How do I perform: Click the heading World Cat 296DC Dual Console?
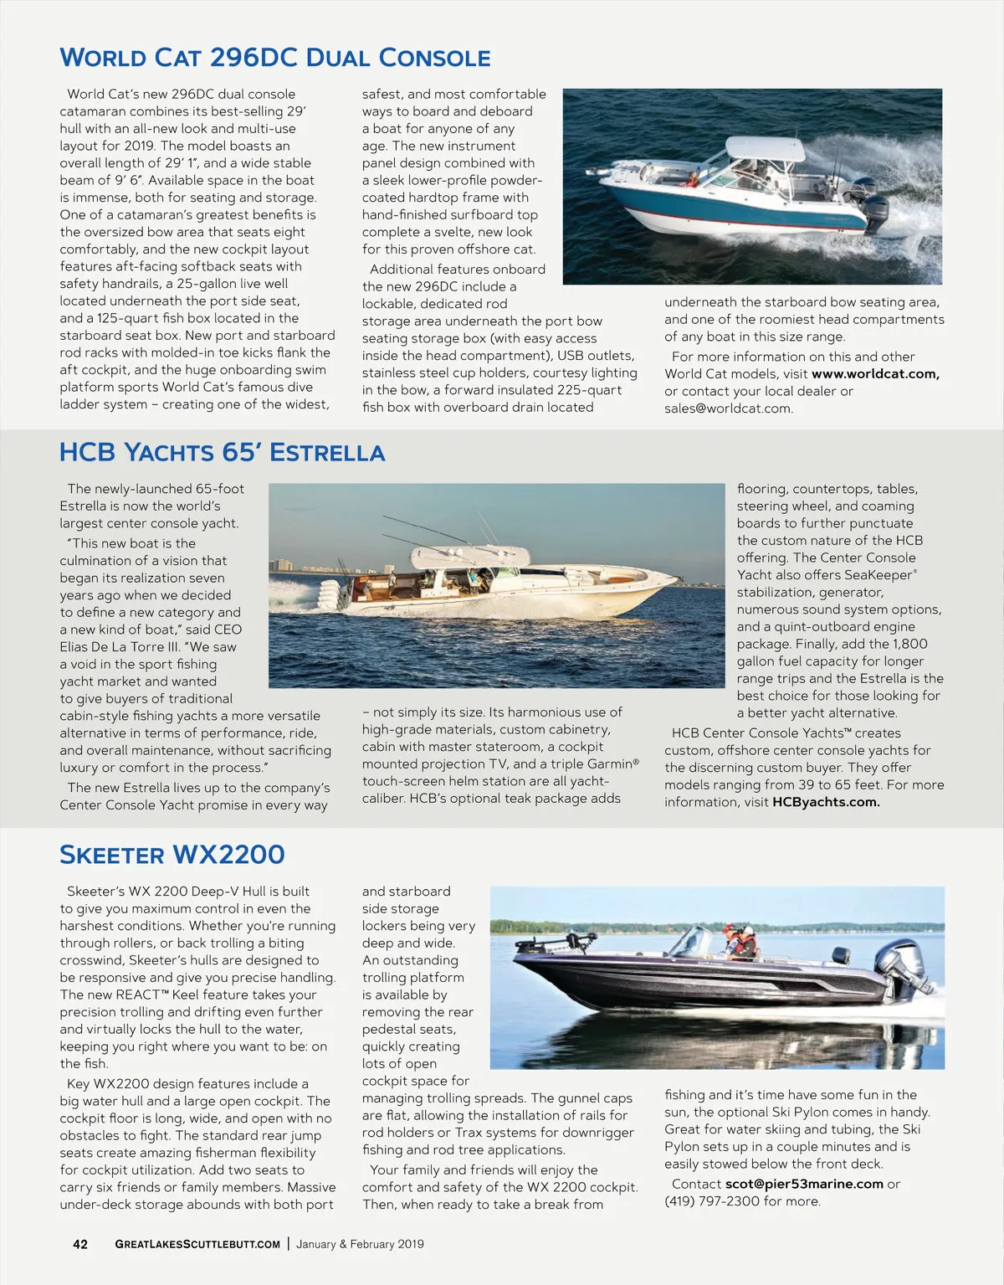[275, 58]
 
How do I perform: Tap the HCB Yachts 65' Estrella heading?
[222, 453]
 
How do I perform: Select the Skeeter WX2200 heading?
[172, 855]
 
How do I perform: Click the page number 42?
[80, 1244]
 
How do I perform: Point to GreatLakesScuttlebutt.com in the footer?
[197, 1244]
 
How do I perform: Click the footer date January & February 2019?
[360, 1244]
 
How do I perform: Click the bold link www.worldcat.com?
[875, 374]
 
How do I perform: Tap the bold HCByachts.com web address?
[826, 802]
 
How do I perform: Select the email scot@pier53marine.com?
[804, 1184]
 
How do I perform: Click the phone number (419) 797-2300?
[712, 1201]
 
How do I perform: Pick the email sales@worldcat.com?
[728, 409]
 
